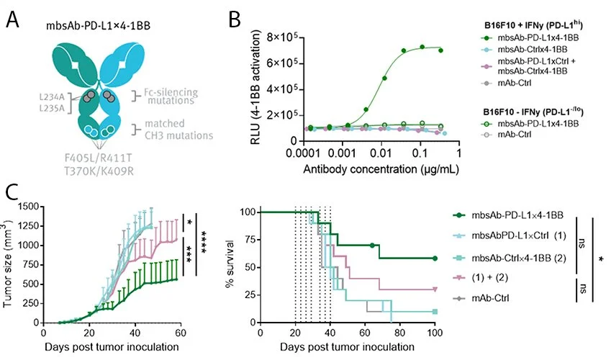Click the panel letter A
tap(12, 20)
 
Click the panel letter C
tap(12, 193)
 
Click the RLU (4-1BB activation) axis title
tap(253, 89)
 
